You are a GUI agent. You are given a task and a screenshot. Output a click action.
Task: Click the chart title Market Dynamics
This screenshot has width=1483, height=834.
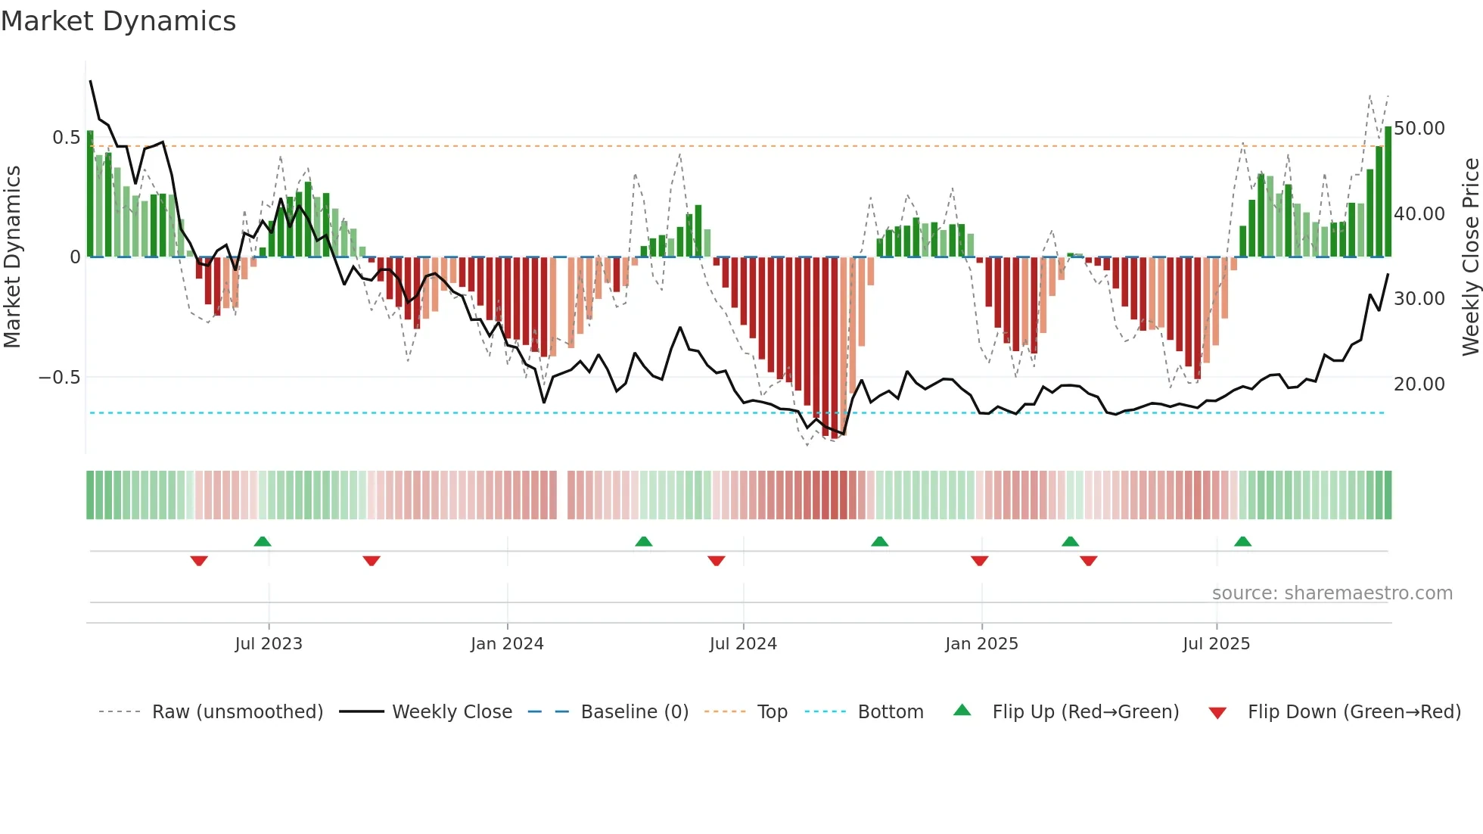point(118,21)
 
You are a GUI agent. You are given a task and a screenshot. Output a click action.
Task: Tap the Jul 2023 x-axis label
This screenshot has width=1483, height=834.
point(269,644)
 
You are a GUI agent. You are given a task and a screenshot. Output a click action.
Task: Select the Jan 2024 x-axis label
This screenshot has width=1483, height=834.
point(507,644)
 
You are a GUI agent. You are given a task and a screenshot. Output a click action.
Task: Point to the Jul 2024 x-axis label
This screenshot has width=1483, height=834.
point(743,644)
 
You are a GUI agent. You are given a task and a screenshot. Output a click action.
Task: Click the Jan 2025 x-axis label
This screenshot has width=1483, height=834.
point(981,644)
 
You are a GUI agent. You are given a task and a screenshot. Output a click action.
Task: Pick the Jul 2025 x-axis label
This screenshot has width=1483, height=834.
point(1217,644)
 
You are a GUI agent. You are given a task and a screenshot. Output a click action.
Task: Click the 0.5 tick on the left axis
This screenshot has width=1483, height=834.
point(66,138)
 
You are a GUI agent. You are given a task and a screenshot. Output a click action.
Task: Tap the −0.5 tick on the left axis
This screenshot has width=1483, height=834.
point(60,378)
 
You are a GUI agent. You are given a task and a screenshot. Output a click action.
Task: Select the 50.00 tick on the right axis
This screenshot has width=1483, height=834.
point(1419,129)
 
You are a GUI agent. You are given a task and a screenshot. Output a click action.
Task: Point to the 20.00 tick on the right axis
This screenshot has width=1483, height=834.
point(1419,384)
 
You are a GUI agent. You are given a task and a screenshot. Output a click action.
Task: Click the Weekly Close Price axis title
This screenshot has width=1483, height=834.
point(1470,257)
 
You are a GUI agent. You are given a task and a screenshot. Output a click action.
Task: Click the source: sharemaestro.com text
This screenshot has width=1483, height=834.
point(1332,593)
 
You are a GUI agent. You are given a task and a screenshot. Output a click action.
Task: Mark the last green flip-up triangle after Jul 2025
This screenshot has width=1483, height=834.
point(1242,541)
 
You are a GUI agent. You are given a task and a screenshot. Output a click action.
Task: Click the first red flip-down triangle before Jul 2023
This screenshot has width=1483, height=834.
point(199,561)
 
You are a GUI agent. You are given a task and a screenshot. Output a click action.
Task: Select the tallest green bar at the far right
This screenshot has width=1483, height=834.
point(1388,192)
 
